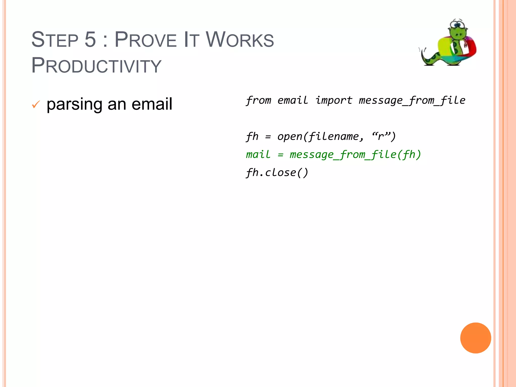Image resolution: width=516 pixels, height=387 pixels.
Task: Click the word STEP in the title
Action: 55,40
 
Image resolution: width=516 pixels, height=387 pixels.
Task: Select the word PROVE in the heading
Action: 145,40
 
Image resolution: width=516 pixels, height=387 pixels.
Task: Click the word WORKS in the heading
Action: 240,40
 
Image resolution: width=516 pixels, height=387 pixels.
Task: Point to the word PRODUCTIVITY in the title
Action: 96,66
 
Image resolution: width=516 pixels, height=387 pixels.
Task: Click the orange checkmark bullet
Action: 36,104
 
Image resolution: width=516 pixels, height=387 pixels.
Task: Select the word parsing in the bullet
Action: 74,104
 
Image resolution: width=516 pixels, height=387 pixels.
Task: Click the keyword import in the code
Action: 334,100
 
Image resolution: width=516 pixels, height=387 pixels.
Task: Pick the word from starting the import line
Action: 259,100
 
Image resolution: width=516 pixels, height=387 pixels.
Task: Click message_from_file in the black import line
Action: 412,100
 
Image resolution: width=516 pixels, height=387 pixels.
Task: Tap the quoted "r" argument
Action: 381,136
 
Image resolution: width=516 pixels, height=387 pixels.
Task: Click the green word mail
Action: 258,154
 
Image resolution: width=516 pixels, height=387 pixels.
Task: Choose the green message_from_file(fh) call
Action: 355,154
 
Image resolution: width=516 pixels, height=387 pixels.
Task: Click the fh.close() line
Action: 277,173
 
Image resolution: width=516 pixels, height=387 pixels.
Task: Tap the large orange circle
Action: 475,338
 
